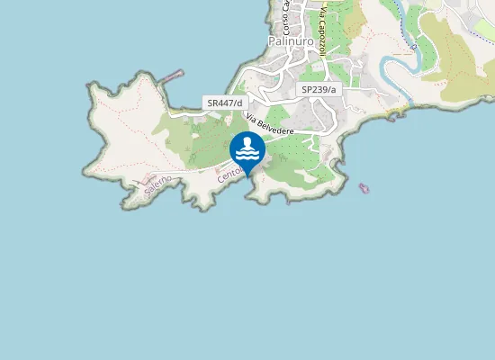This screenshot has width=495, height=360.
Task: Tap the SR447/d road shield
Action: click(225, 103)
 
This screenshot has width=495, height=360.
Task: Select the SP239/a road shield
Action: click(319, 90)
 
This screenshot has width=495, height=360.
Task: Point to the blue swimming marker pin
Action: click(247, 149)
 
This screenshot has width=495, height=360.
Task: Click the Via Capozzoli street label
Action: click(319, 27)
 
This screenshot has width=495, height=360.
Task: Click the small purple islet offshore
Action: click(364, 188)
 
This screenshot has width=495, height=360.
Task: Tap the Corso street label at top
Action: click(284, 16)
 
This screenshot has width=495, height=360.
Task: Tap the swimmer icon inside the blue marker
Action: click(247, 143)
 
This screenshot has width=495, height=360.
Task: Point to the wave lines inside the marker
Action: click(247, 153)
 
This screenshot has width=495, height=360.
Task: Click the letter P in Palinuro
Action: click(273, 41)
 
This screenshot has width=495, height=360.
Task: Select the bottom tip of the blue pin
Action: click(247, 166)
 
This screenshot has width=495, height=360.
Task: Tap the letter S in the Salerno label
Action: click(147, 194)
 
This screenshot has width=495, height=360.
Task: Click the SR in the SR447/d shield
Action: click(213, 103)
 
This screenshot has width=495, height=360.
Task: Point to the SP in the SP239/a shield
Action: click(307, 90)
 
